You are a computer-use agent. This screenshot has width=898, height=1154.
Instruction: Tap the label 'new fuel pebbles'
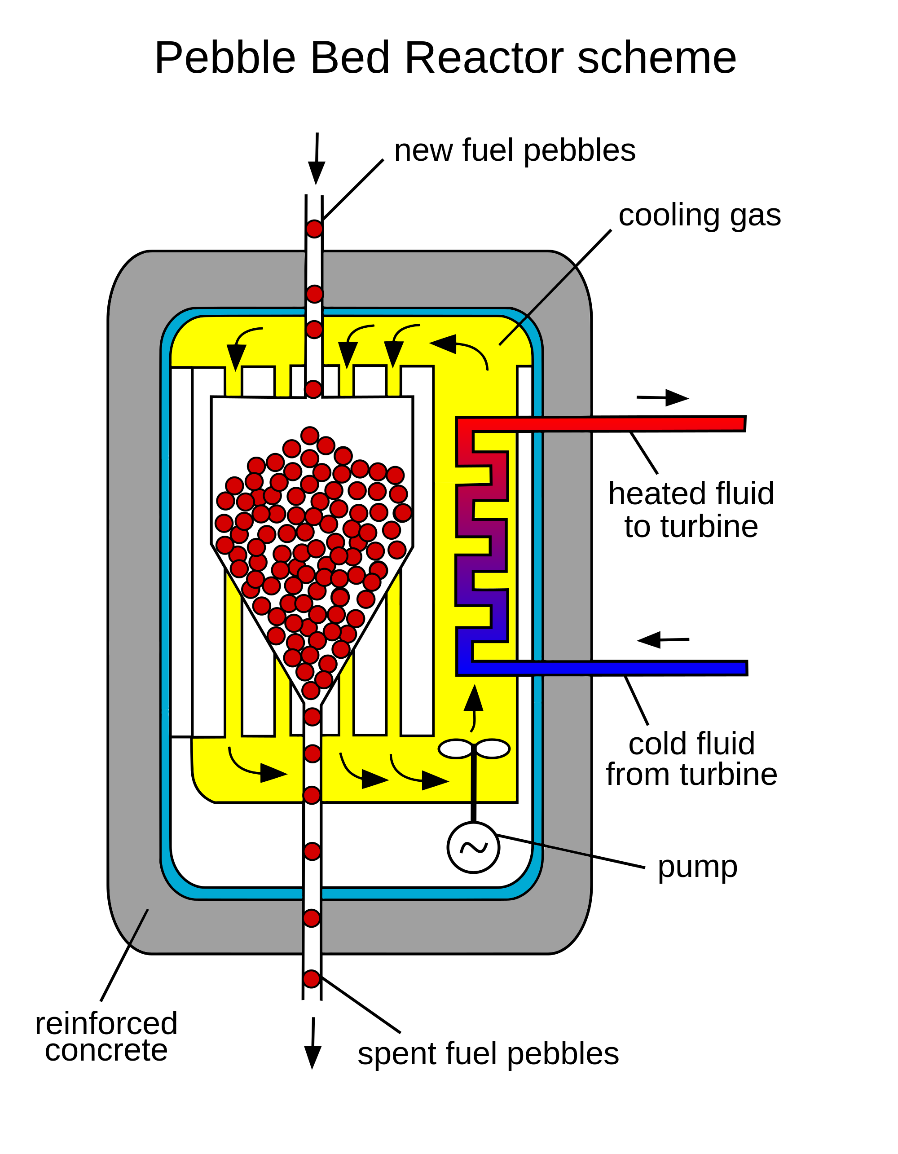515,150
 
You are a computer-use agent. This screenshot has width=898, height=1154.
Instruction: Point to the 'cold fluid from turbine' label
691,759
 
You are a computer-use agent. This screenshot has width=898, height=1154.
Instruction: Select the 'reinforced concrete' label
106,1036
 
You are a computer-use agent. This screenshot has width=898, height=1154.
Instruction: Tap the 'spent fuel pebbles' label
488,1053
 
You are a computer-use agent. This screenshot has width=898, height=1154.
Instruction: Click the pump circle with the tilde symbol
473,847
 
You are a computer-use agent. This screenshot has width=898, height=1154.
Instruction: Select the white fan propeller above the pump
474,749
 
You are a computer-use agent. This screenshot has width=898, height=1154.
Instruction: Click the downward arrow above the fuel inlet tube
317,159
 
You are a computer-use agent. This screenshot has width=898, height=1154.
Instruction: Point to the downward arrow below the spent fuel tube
313,1043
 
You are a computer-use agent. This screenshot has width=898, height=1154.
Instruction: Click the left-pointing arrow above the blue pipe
664,640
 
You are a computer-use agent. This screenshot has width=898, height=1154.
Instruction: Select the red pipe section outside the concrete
668,424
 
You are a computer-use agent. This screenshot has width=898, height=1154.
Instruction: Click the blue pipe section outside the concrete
668,668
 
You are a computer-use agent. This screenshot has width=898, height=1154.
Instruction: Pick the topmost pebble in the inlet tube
314,229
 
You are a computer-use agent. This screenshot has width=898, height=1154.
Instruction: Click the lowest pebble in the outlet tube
312,978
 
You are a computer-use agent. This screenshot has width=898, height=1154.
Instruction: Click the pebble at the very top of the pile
309,436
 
